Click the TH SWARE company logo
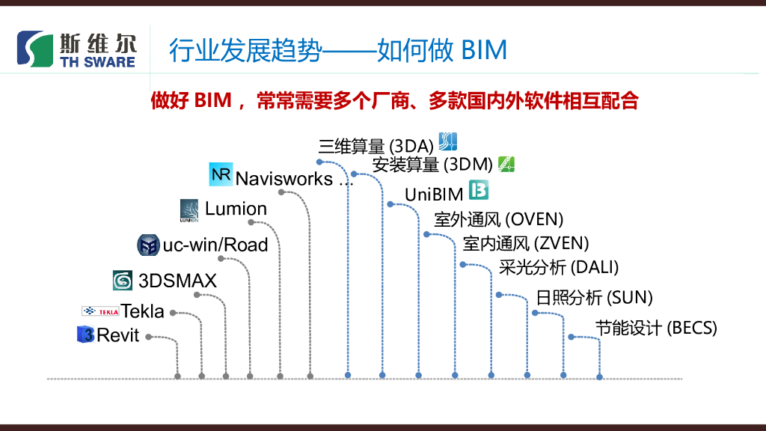point(77,50)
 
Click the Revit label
point(118,335)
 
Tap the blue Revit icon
point(85,334)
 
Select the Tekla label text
point(142,311)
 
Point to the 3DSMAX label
point(177,281)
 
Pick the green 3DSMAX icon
point(122,281)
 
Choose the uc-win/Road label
point(215,245)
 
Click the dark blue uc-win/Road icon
point(148,245)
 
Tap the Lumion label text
point(236,209)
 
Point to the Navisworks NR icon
point(221,174)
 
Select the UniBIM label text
point(434,195)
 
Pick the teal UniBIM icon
point(479,190)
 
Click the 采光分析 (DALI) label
point(558,267)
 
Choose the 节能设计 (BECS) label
point(656,328)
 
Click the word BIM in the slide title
point(484,51)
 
